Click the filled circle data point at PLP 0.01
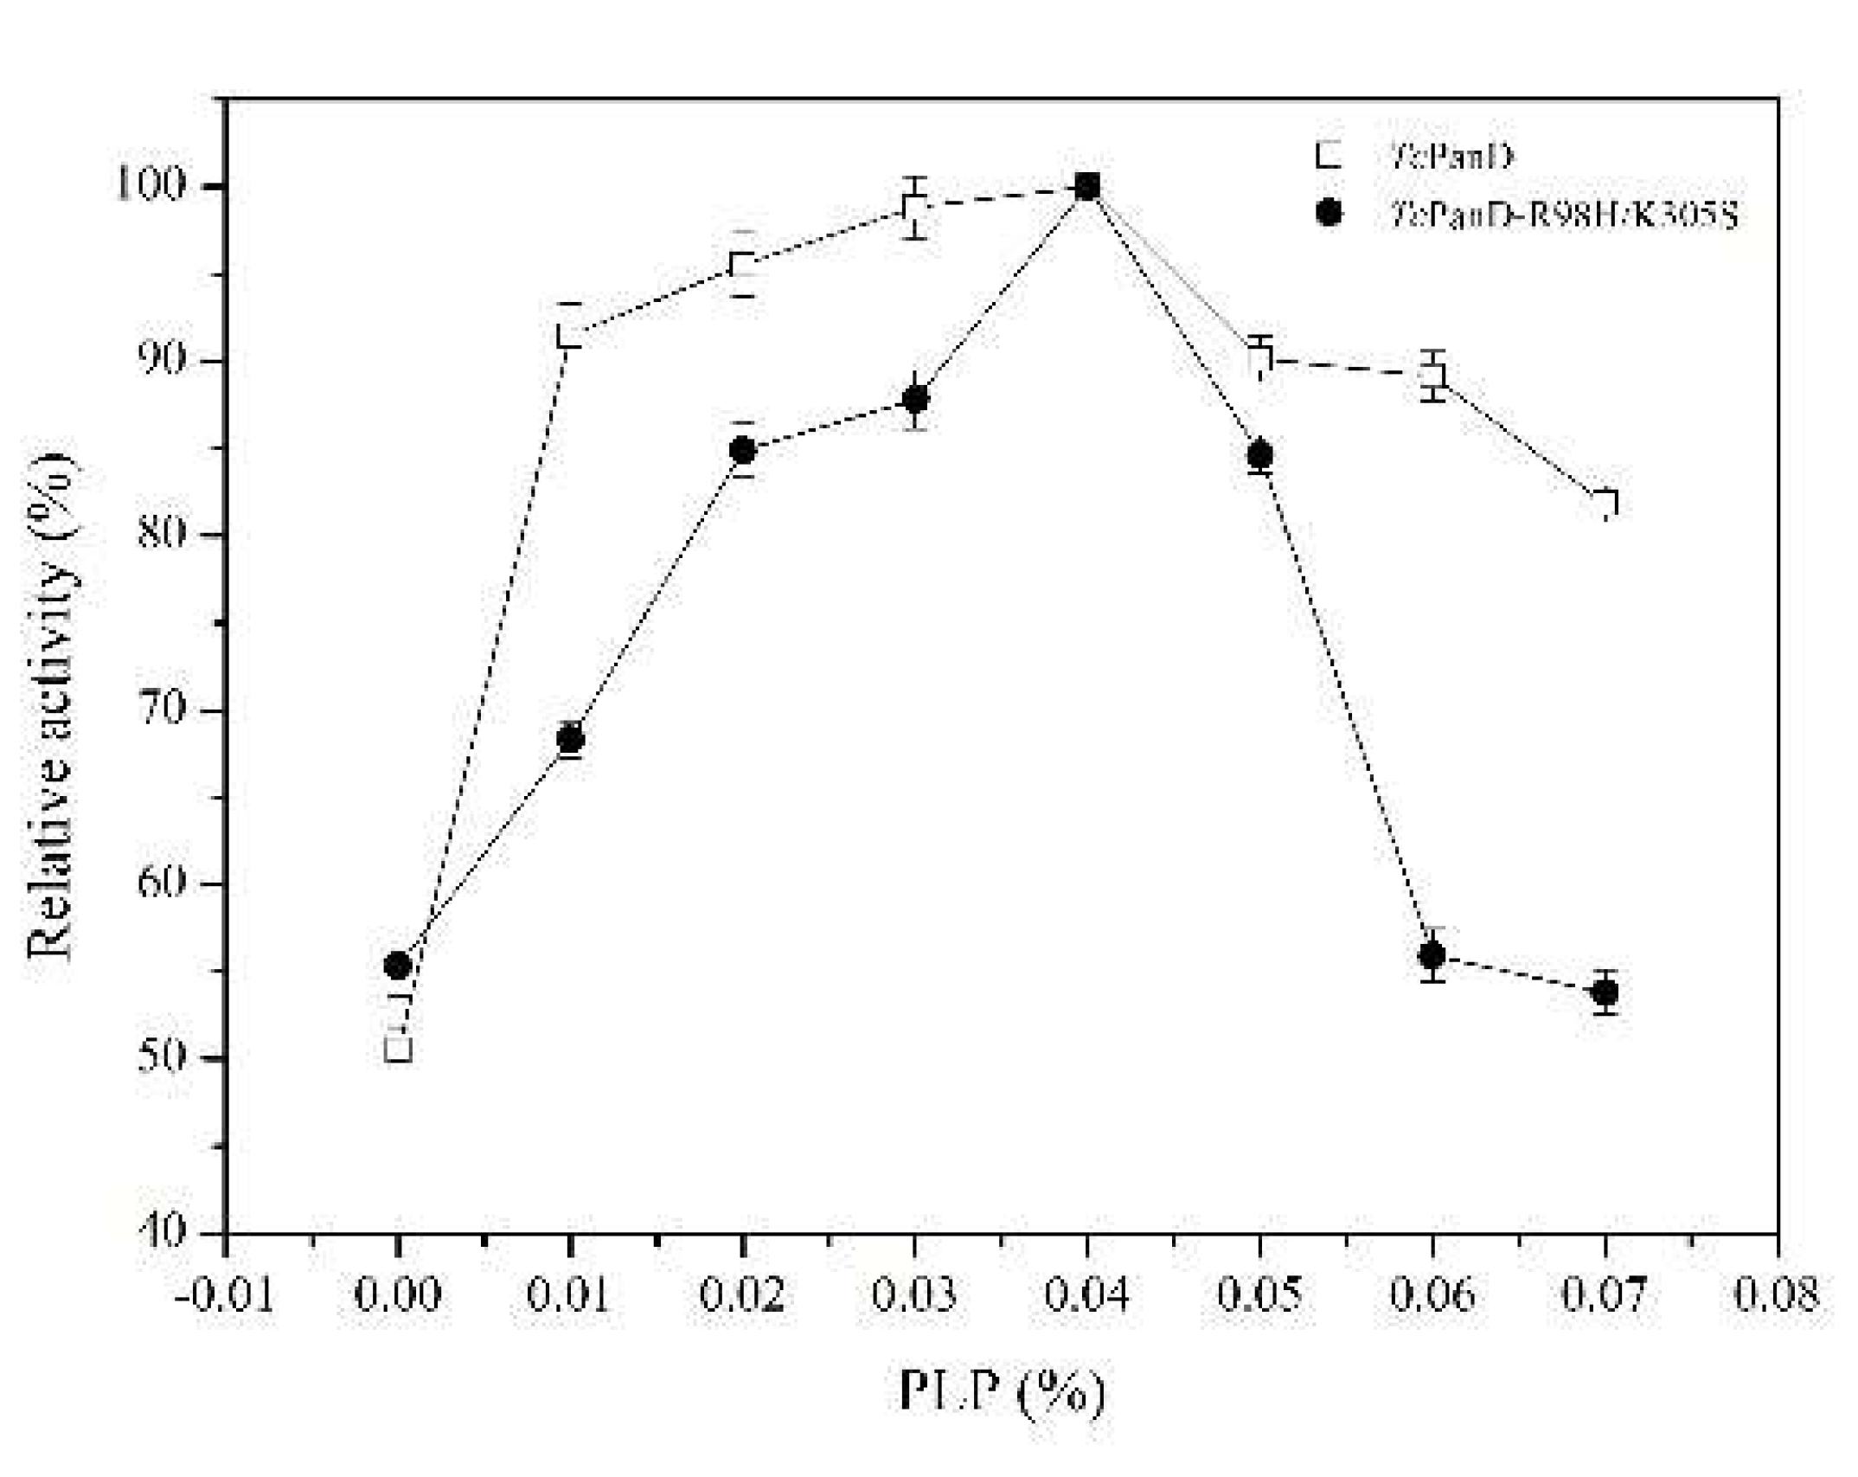(x=570, y=738)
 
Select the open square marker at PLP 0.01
(x=569, y=335)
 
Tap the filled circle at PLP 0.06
(x=1432, y=955)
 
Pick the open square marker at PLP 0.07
(x=1605, y=503)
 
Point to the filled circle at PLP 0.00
(x=397, y=965)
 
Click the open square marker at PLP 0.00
(x=398, y=1049)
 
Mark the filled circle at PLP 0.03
(x=915, y=399)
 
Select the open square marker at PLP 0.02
(x=742, y=264)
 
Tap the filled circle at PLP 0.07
(x=1605, y=992)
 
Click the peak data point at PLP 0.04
(x=1087, y=185)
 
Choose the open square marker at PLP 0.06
(x=1432, y=375)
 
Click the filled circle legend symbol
(x=1329, y=212)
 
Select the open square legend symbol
(x=1329, y=156)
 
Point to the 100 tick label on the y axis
(x=160, y=185)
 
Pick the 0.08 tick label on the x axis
(x=1777, y=1295)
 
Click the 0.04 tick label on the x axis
(x=1086, y=1295)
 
